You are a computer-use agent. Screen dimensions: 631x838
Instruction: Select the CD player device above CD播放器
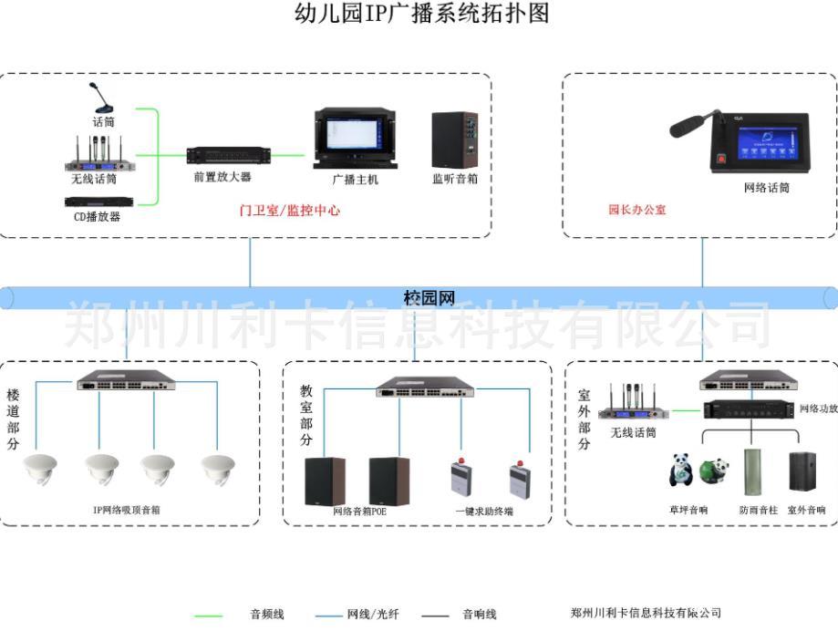click(x=98, y=202)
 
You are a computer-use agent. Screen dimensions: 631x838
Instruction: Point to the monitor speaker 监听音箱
click(x=454, y=140)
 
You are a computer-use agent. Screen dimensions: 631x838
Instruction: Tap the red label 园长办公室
click(x=637, y=210)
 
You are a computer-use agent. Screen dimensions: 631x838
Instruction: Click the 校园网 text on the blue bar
click(x=429, y=298)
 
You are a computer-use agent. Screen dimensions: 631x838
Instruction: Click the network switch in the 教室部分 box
click(x=424, y=388)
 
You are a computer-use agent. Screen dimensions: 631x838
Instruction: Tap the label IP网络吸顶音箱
click(x=127, y=511)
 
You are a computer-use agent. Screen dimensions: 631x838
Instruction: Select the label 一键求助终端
click(x=484, y=512)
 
